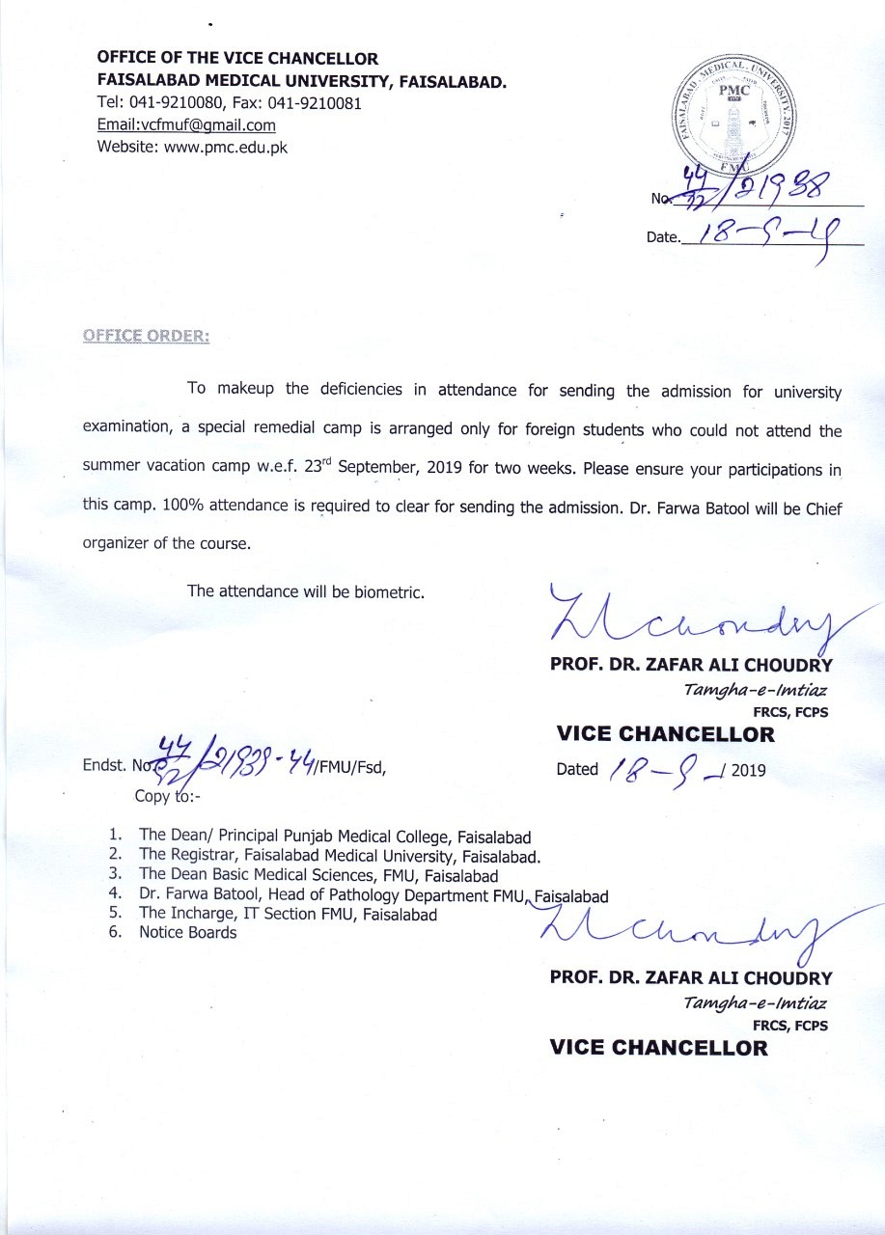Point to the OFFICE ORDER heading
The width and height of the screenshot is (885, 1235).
pos(146,336)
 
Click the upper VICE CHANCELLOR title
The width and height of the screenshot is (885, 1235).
pos(665,734)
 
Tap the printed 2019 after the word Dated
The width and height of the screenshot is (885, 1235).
pos(749,770)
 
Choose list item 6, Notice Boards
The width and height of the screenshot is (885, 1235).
pos(187,932)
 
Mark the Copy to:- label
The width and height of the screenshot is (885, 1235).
pos(165,796)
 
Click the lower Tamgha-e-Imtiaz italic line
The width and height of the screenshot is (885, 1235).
pos(755,1002)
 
